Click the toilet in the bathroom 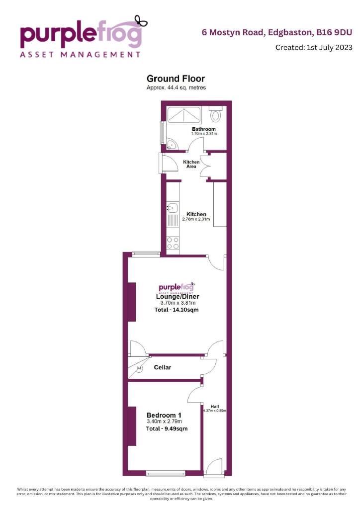click(216, 116)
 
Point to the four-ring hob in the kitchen click(174, 243)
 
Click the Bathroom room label click(204, 129)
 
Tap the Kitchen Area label click(191, 165)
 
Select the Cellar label click(162, 367)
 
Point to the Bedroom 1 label click(164, 415)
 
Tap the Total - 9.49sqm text click(167, 428)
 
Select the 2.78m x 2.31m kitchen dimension click(196, 219)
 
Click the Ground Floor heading click(176, 79)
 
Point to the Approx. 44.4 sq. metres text click(176, 87)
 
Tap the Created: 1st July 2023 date click(314, 48)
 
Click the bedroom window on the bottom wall click(166, 472)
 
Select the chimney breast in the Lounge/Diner click(132, 302)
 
